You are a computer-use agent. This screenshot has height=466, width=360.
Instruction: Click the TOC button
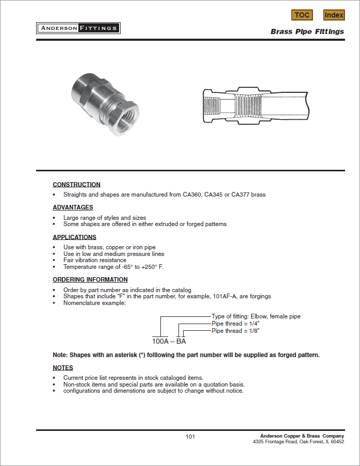tap(302, 15)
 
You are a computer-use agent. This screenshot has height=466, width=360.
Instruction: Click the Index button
tap(334, 15)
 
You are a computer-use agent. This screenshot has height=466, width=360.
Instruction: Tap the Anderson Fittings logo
tap(78, 28)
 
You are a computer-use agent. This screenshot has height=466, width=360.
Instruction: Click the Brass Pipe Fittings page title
tap(307, 31)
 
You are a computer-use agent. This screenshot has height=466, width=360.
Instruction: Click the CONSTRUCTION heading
tap(77, 185)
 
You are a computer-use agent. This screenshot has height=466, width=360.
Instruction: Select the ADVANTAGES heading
tap(73, 207)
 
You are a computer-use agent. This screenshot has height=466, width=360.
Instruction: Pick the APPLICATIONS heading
tap(75, 237)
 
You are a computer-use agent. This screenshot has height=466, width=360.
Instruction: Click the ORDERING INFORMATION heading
tap(90, 280)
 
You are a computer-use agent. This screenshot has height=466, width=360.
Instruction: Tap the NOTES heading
tap(63, 367)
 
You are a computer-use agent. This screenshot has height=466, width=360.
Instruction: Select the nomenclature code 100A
tap(160, 341)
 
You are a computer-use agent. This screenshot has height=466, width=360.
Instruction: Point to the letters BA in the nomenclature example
tap(181, 341)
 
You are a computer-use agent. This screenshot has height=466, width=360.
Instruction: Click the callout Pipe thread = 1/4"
tap(236, 324)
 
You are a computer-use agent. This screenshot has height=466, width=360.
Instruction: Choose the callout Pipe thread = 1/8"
tap(236, 331)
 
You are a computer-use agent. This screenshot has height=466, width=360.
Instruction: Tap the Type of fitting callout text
tap(256, 316)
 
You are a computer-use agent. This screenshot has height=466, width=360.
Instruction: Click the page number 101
tap(190, 437)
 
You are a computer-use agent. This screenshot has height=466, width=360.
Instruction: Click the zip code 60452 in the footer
tap(337, 442)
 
